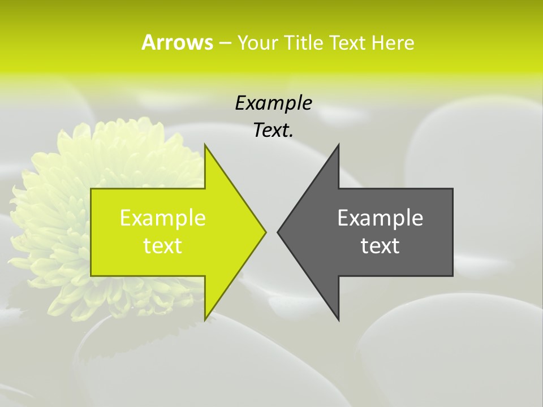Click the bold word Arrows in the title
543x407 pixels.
pos(178,43)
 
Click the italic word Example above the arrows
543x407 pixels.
pos(273,103)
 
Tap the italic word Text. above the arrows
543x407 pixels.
pos(273,131)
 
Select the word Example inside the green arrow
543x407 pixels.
pos(163,218)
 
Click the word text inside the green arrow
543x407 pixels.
pos(163,246)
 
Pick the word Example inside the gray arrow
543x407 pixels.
pos(380,218)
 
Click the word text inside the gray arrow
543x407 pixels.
pos(380,246)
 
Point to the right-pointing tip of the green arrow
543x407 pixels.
pos(265,232)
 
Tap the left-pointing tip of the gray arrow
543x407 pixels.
pos(279,232)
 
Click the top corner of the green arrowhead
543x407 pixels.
pos(205,146)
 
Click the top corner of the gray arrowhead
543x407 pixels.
pos(338,146)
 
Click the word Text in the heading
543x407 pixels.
pos(348,43)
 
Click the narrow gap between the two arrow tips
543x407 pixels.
pos(271,232)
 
